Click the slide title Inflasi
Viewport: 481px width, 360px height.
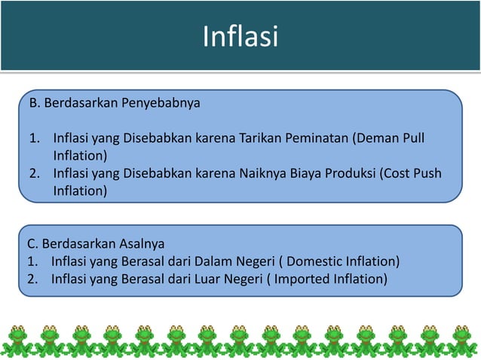(240, 36)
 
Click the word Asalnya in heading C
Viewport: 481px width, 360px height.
(140, 244)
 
